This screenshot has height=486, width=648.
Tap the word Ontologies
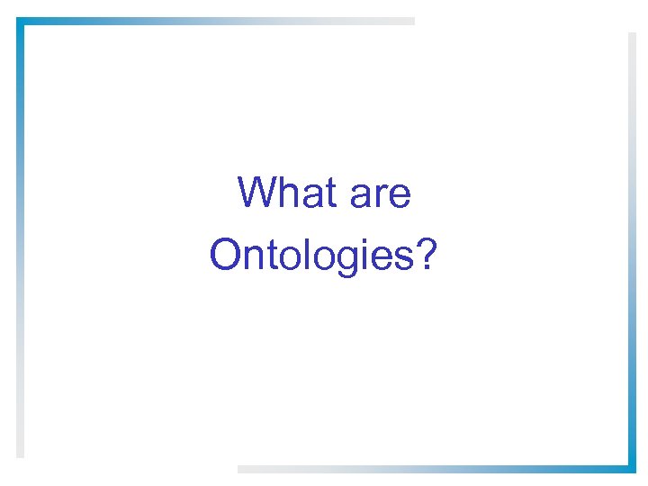[x=311, y=256]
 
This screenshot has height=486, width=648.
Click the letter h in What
[x=285, y=193]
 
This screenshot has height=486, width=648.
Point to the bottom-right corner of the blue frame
[x=631, y=467]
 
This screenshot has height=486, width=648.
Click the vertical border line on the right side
[x=631, y=252]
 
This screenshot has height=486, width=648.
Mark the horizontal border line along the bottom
[x=432, y=468]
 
